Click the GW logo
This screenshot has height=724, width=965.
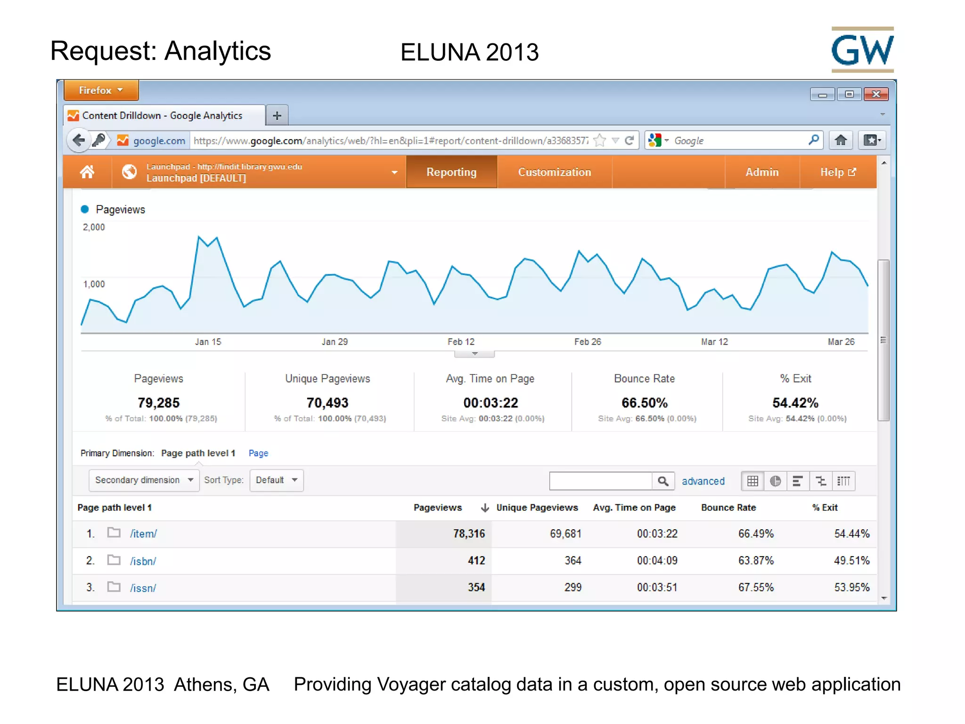pyautogui.click(x=862, y=49)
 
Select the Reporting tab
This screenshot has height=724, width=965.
pyautogui.click(x=451, y=172)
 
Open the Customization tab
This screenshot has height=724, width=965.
pyautogui.click(x=555, y=172)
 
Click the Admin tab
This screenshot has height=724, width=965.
pyautogui.click(x=762, y=172)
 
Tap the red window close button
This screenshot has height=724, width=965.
pyautogui.click(x=876, y=94)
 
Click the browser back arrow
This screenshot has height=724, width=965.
pyautogui.click(x=79, y=140)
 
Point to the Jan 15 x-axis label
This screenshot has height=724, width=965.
pyautogui.click(x=208, y=342)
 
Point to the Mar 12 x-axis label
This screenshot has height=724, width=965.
pyautogui.click(x=714, y=342)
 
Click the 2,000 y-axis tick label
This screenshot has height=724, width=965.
pyautogui.click(x=94, y=227)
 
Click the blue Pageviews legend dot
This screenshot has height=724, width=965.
pyautogui.click(x=85, y=209)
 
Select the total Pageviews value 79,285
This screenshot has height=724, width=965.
pyautogui.click(x=159, y=403)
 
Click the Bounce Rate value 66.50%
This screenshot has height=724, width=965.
pyautogui.click(x=645, y=403)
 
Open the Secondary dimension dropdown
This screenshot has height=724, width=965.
pyautogui.click(x=144, y=480)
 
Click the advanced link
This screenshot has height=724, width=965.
pyautogui.click(x=703, y=481)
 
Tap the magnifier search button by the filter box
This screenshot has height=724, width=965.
pyautogui.click(x=663, y=481)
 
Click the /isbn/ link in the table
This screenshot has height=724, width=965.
pyautogui.click(x=143, y=561)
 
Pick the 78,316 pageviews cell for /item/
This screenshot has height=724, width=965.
pyautogui.click(x=469, y=534)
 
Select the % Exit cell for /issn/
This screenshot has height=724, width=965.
pyautogui.click(x=852, y=587)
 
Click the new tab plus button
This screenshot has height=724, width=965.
pyautogui.click(x=277, y=115)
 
